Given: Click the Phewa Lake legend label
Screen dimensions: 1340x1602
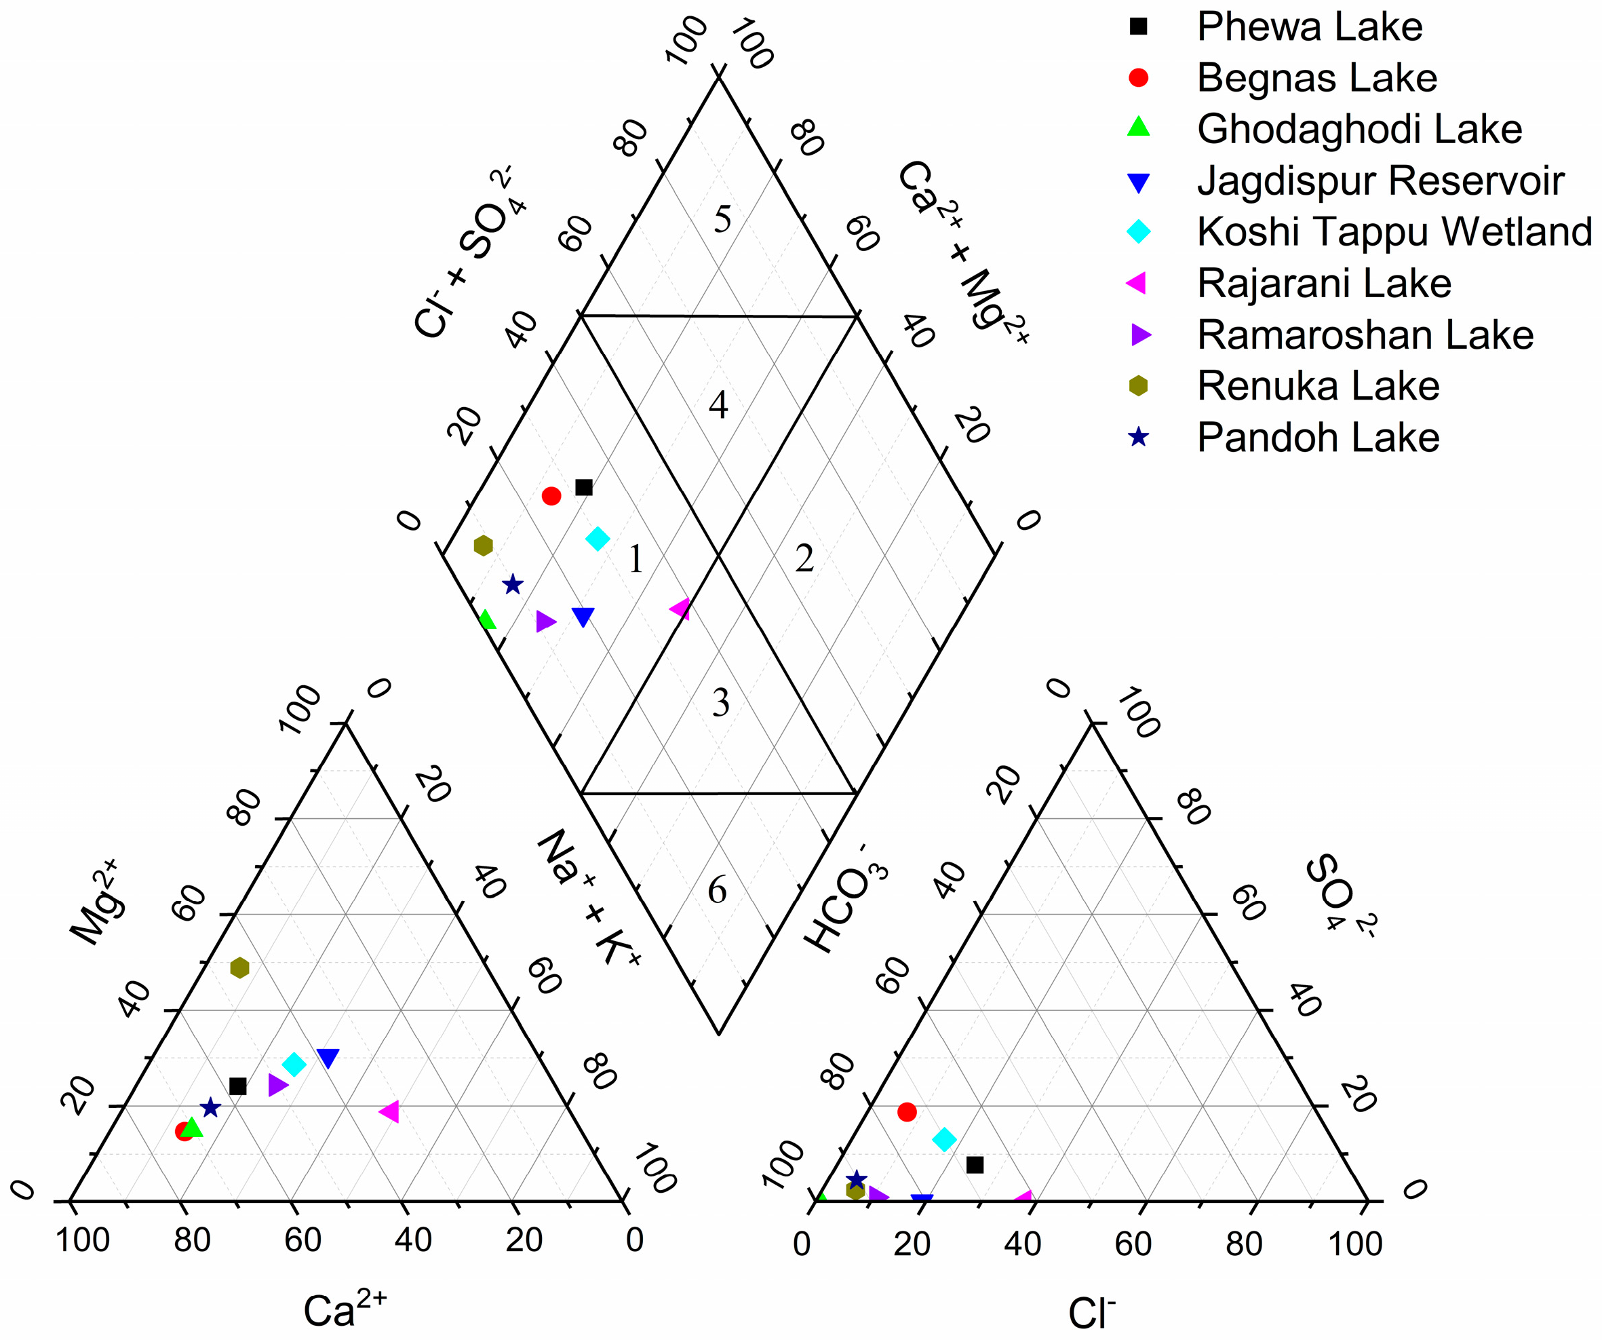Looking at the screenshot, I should (x=1309, y=27).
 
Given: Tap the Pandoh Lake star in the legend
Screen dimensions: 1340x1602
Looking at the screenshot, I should (x=1138, y=437).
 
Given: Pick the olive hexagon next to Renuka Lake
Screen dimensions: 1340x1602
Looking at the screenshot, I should (x=1138, y=386).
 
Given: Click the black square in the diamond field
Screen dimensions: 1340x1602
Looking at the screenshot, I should (x=583, y=488).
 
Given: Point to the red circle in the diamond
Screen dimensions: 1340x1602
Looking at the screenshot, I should (x=551, y=497).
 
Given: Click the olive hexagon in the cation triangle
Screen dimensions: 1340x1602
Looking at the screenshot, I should (x=239, y=968).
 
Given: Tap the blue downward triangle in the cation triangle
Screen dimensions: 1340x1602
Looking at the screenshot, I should (x=328, y=1058).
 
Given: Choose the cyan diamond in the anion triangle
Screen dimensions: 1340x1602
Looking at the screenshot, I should (x=944, y=1140).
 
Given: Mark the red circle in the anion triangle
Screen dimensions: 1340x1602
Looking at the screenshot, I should (x=906, y=1112).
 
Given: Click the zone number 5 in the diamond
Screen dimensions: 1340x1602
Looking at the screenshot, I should (x=722, y=221).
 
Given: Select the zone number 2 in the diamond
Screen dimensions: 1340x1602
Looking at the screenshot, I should (x=804, y=559).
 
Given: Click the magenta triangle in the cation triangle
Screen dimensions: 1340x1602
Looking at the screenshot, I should (x=389, y=1112).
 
